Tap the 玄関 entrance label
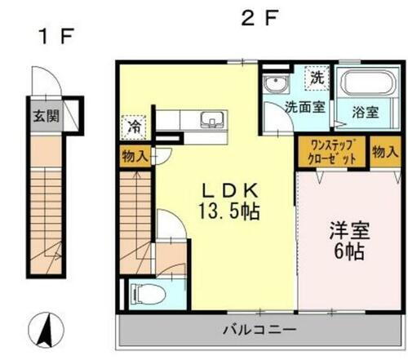point(45,116)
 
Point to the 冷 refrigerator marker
point(132,127)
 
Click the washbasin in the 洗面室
point(273,82)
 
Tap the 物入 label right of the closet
point(385,151)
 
